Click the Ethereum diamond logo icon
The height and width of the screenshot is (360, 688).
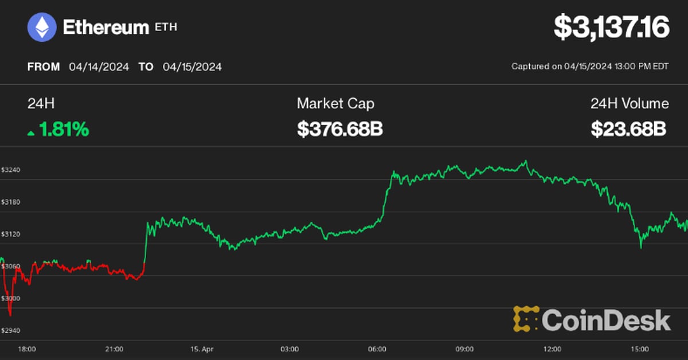pyautogui.click(x=42, y=27)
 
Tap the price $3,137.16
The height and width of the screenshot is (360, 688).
pyautogui.click(x=611, y=28)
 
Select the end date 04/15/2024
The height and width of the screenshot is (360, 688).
pyautogui.click(x=192, y=66)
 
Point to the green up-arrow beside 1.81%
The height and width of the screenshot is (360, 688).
pyautogui.click(x=30, y=133)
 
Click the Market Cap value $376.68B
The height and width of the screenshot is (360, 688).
pyautogui.click(x=339, y=130)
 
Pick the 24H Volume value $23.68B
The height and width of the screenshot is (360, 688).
pyautogui.click(x=629, y=130)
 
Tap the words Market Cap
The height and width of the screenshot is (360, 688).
pyautogui.click(x=335, y=104)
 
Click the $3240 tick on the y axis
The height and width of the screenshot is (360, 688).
pyautogui.click(x=10, y=170)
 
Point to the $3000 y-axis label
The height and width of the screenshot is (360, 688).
pyautogui.click(x=10, y=299)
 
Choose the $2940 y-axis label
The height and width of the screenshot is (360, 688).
pyautogui.click(x=10, y=331)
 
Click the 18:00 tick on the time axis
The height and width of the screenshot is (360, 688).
pyautogui.click(x=27, y=349)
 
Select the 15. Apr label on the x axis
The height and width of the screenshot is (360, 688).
pyautogui.click(x=202, y=349)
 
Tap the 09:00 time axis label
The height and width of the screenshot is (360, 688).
pyautogui.click(x=464, y=349)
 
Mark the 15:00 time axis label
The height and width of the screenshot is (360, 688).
pyautogui.click(x=639, y=349)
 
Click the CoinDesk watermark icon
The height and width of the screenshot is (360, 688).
pyautogui.click(x=526, y=319)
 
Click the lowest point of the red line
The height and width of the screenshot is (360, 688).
pyautogui.click(x=10, y=315)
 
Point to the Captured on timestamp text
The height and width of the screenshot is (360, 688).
pyautogui.click(x=589, y=66)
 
